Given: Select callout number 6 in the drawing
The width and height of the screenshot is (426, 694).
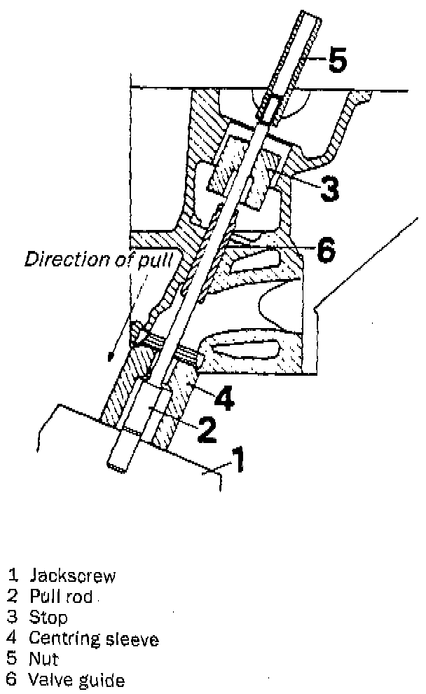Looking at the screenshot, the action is point(326,250).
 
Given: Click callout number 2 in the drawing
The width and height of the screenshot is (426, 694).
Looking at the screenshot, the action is point(205,430).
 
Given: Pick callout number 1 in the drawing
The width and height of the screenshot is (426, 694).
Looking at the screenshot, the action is point(238,461).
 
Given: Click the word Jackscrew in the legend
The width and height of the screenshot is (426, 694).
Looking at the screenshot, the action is point(72,576).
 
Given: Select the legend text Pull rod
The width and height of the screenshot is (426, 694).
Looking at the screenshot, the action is point(61,597).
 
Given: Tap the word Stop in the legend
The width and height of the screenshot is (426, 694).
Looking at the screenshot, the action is point(48,618).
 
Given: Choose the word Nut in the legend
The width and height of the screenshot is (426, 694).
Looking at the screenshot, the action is point(44,660).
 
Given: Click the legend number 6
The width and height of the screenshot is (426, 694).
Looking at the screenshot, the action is point(12,680).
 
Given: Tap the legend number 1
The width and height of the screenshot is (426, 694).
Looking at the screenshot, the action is point(12,576).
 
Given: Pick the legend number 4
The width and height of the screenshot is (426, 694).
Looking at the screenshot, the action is point(12,639).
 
